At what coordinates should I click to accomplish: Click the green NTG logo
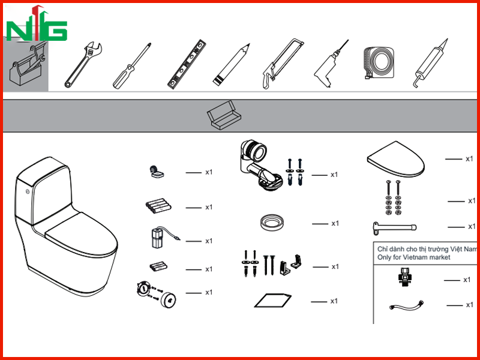coord(37,25)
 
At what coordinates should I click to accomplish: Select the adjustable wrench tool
coord(83,65)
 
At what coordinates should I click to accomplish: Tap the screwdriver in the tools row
coord(131,66)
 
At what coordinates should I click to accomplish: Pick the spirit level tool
coord(187,64)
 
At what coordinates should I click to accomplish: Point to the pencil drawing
coord(231,64)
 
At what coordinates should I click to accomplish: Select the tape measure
coord(379,63)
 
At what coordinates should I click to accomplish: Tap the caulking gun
coord(430,64)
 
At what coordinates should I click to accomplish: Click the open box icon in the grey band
coord(224,116)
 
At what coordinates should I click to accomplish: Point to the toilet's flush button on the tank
coord(28,191)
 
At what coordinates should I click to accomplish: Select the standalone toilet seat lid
coord(396,159)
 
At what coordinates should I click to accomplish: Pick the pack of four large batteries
coord(158,206)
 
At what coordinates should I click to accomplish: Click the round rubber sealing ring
coord(272,223)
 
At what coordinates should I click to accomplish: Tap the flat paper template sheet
coord(273,301)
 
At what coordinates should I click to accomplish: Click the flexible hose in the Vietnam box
coord(407,305)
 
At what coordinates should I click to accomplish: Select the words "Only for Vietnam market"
coord(413,257)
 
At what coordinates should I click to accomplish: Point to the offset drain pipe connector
coord(260,166)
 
